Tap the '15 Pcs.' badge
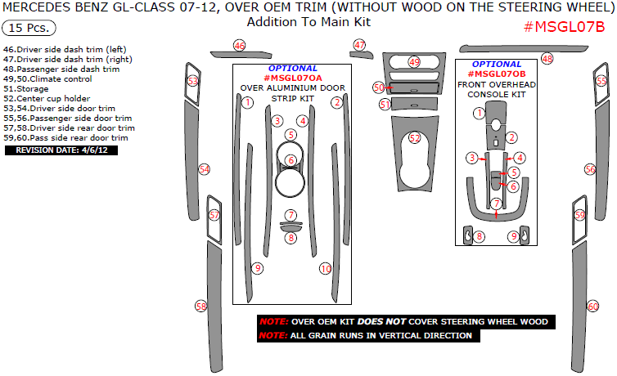tap(29, 28)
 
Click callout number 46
tap(239, 46)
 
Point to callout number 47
tap(360, 45)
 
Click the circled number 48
tap(547, 59)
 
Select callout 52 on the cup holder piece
tap(415, 138)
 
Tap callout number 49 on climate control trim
tap(414, 62)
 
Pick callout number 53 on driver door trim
tap(192, 81)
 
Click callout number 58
tap(201, 306)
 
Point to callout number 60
tap(592, 306)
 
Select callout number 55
tap(601, 81)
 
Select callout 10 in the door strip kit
tap(325, 268)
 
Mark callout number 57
tap(214, 215)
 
